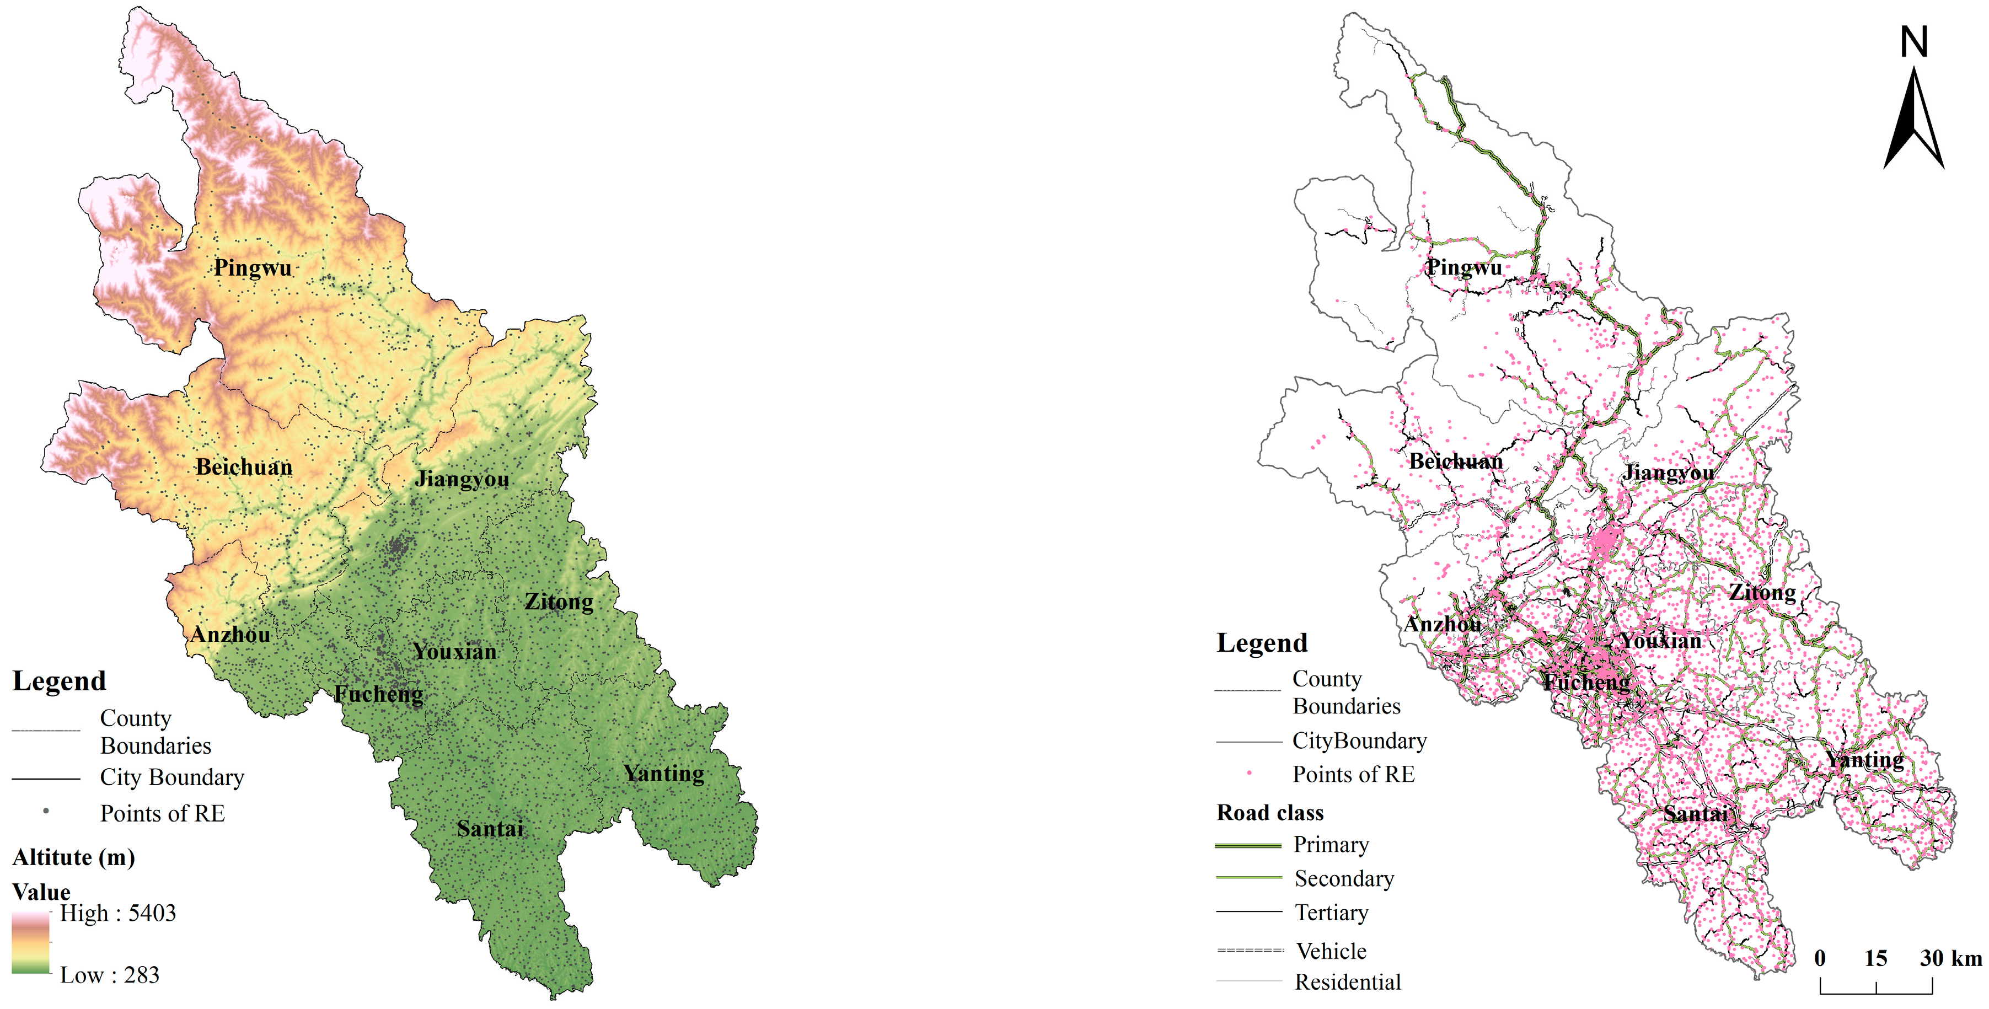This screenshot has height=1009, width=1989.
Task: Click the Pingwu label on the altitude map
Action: point(253,268)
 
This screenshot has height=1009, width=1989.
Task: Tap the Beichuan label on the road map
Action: point(1455,461)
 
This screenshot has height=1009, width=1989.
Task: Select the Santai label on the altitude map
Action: point(490,829)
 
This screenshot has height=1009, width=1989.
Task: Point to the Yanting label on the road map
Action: point(1865,760)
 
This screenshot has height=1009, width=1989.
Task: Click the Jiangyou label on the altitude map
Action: point(462,479)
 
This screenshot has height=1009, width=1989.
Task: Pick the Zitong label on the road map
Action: point(1762,592)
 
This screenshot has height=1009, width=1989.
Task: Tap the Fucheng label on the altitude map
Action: point(378,694)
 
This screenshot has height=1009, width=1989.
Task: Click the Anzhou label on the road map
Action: point(1443,624)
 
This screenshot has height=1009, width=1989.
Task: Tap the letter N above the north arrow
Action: point(1913,42)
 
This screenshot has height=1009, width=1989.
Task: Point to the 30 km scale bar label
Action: point(1950,958)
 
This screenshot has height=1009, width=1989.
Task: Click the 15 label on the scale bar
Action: point(1875,958)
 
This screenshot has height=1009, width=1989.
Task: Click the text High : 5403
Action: point(118,913)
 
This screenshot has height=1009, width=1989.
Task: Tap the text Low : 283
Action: point(110,975)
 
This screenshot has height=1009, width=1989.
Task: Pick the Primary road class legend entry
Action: point(1331,845)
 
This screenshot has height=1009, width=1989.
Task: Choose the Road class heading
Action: point(1269,813)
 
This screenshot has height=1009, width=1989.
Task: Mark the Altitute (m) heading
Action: point(73,858)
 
